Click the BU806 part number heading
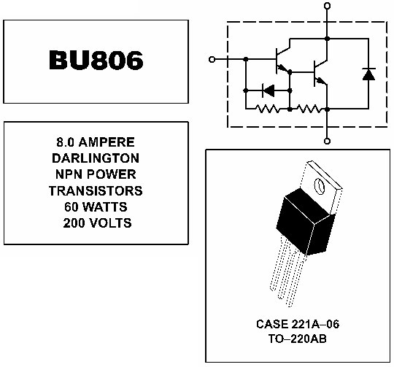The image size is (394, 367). [96, 60]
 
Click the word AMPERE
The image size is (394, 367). [107, 142]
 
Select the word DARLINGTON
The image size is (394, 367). [96, 158]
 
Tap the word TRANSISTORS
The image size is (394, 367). [96, 191]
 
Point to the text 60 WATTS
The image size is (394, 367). [96, 207]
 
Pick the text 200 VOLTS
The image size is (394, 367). [97, 223]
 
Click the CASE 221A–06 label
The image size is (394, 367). [298, 324]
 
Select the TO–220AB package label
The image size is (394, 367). [298, 339]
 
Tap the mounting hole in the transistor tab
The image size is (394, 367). [320, 186]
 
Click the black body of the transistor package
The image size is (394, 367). [306, 221]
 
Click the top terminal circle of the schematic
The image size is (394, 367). [327, 6]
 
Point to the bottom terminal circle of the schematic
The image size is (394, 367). [327, 141]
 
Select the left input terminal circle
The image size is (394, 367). [212, 60]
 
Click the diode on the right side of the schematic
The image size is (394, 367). [368, 74]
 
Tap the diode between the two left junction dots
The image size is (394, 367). [268, 90]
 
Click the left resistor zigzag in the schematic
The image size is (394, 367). [267, 109]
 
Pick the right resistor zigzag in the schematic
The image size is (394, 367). [309, 109]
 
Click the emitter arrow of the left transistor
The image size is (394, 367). [283, 69]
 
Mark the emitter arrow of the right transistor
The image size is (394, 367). [321, 81]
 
